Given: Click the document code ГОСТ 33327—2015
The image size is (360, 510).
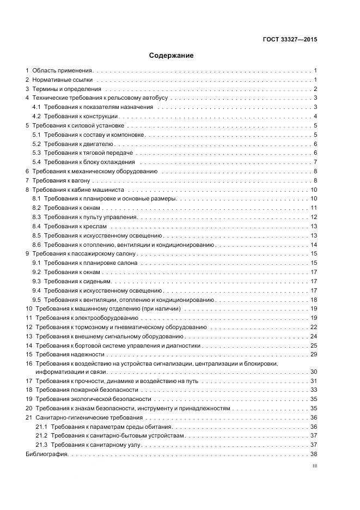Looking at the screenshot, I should [x=289, y=40].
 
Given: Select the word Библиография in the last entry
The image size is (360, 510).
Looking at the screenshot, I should [x=47, y=454].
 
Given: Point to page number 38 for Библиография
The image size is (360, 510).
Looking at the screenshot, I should [x=314, y=454].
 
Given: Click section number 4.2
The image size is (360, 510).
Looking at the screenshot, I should [x=36, y=116].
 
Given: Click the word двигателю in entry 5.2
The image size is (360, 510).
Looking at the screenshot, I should [x=100, y=144].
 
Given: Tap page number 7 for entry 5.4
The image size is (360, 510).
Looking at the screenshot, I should [x=315, y=162].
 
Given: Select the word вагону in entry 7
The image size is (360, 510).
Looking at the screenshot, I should [x=82, y=180].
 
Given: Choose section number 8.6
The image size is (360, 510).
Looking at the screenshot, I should [x=36, y=245].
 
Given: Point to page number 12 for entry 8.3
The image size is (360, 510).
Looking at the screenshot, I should [x=314, y=217].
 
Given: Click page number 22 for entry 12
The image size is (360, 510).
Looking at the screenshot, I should [x=314, y=327].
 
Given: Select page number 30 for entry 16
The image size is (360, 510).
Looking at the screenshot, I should [x=314, y=372].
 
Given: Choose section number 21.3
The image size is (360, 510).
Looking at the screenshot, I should [x=41, y=445].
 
